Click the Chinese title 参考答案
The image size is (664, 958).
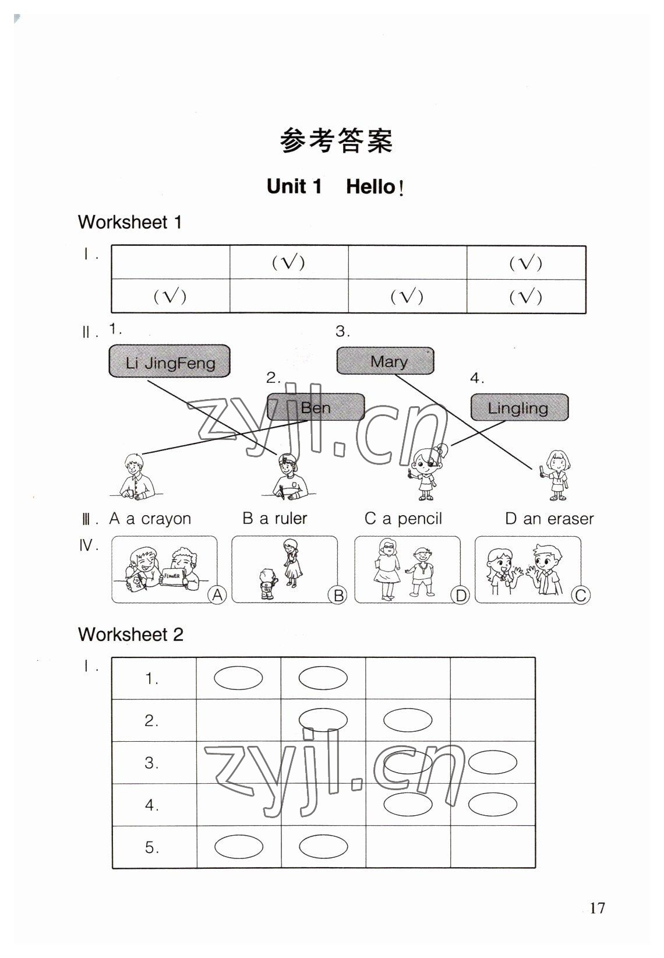tap(336, 140)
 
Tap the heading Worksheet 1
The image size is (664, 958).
tap(130, 222)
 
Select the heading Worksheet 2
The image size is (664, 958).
tap(130, 634)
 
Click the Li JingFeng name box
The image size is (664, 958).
tap(169, 362)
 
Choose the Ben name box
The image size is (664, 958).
tap(316, 407)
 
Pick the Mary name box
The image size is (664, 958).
tap(385, 361)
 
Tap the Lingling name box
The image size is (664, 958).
tap(518, 407)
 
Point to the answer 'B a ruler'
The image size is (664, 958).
tap(274, 518)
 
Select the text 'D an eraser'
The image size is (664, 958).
tap(549, 519)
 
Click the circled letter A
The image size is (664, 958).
tap(217, 595)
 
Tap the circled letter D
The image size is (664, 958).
tap(460, 596)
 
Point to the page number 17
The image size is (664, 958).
tap(597, 908)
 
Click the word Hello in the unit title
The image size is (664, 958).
tap(370, 187)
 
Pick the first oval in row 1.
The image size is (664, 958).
tap(238, 678)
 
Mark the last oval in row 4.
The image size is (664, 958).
tap(492, 805)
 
